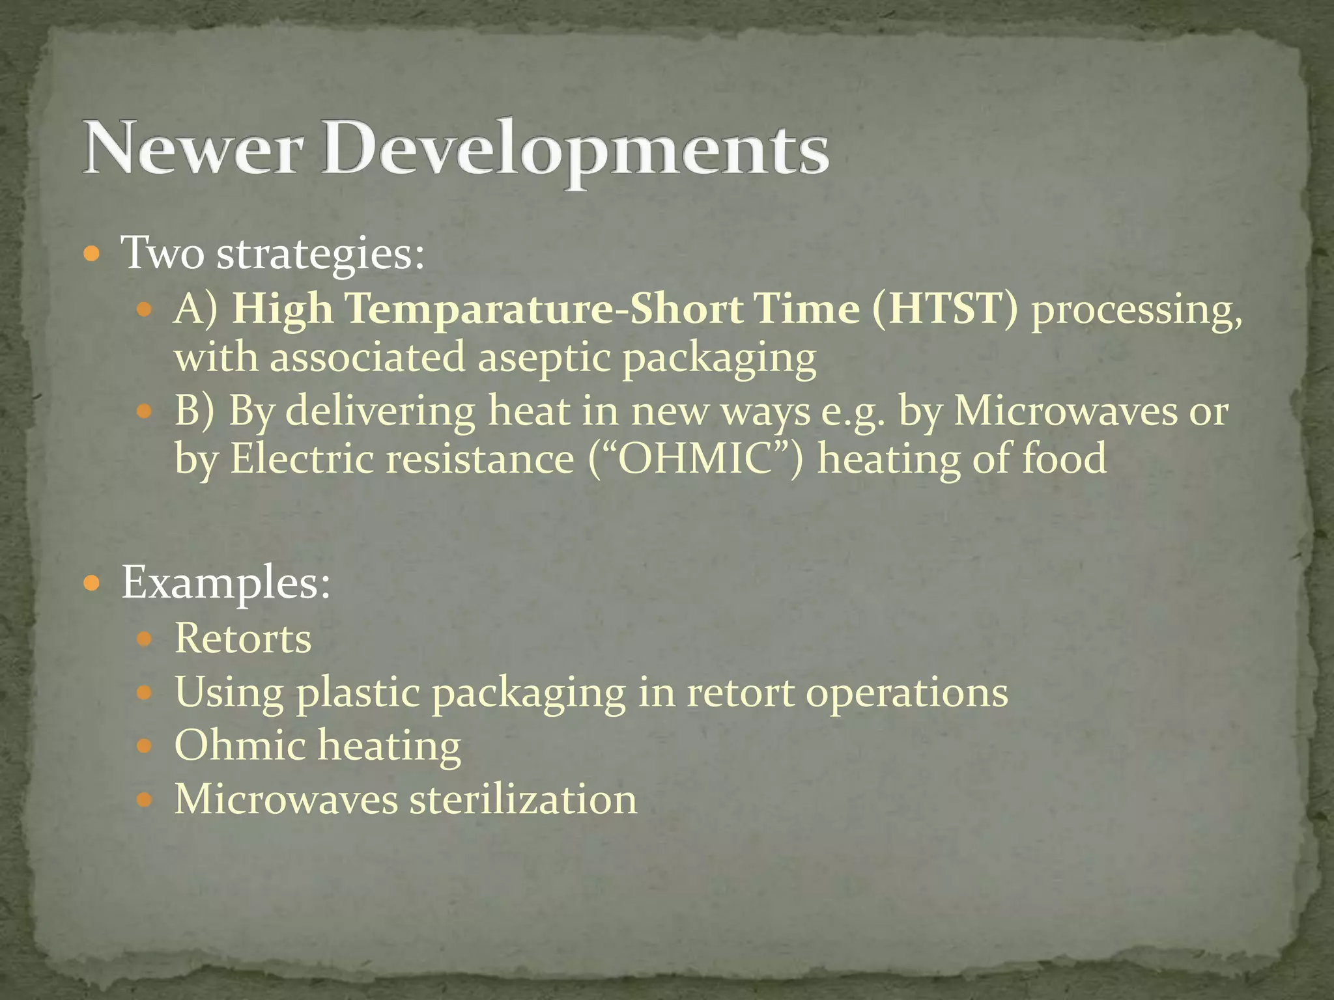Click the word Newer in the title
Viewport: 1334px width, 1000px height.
193,148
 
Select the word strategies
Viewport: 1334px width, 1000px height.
320,254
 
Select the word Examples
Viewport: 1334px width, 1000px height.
226,583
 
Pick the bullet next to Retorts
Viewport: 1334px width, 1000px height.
145,639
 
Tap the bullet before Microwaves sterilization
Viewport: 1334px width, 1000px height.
145,799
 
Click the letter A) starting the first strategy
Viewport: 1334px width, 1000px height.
196,309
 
